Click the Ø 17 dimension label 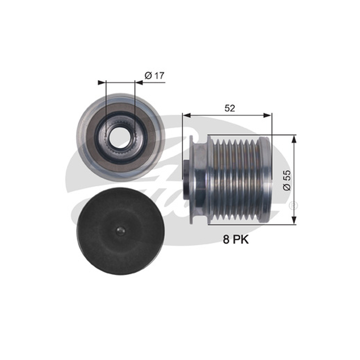(154, 75)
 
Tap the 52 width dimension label (229, 108)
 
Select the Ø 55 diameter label (287, 180)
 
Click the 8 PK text (236, 240)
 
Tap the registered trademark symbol (293, 205)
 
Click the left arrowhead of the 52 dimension (187, 115)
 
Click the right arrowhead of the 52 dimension (267, 115)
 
